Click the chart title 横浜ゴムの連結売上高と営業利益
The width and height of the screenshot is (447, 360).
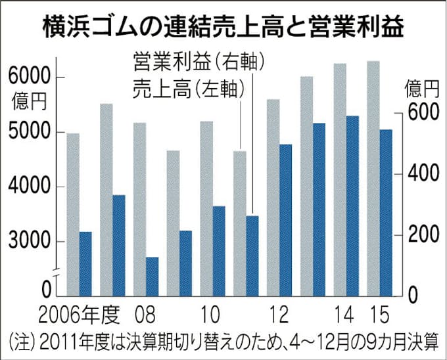pos(223,28)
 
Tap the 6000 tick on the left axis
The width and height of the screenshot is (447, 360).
pos(29,77)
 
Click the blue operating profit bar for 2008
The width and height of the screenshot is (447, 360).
pos(152,276)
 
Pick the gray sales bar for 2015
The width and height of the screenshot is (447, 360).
pos(373,177)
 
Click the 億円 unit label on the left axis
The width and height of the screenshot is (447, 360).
pos(29,101)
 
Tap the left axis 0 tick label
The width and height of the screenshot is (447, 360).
pos(47,290)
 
